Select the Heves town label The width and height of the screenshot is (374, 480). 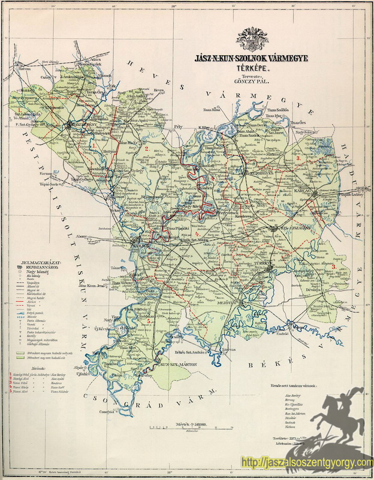(159, 91)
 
